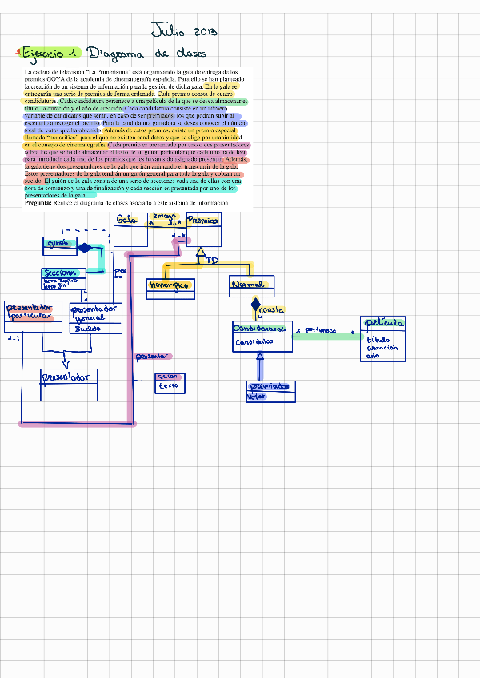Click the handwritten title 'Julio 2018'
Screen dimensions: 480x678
point(184,31)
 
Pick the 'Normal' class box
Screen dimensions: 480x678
point(252,287)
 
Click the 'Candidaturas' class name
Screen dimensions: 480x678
point(258,329)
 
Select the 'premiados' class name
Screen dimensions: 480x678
point(270,386)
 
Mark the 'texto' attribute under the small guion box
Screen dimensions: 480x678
point(168,386)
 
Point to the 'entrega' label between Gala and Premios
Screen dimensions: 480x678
point(165,217)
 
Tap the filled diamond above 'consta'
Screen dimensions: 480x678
point(255,305)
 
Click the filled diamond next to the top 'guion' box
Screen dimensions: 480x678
point(85,247)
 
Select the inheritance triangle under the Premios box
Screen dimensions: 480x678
point(201,253)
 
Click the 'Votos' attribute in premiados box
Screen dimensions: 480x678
point(256,396)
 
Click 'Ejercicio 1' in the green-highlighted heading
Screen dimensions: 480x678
point(50,53)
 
